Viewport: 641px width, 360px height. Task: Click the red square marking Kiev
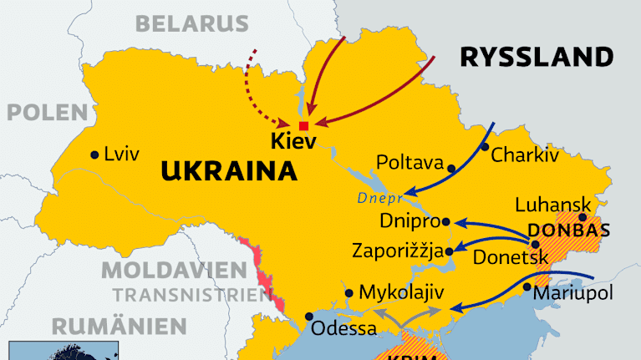click(x=303, y=126)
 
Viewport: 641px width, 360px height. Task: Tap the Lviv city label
click(x=121, y=154)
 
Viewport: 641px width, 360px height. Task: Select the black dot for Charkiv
click(x=485, y=147)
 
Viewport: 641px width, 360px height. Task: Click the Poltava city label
click(x=409, y=161)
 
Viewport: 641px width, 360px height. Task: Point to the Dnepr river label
click(x=380, y=198)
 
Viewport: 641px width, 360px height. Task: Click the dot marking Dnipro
click(x=446, y=222)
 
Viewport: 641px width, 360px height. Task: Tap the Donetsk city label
click(x=509, y=257)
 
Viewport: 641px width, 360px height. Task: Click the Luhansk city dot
click(x=582, y=217)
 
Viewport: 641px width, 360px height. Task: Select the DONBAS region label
click(x=568, y=231)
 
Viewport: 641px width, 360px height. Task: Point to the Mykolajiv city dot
click(x=348, y=293)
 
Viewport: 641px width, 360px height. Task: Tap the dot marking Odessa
click(x=310, y=317)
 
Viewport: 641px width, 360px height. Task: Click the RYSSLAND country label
click(x=536, y=57)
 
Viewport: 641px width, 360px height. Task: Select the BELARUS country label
click(x=193, y=23)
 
